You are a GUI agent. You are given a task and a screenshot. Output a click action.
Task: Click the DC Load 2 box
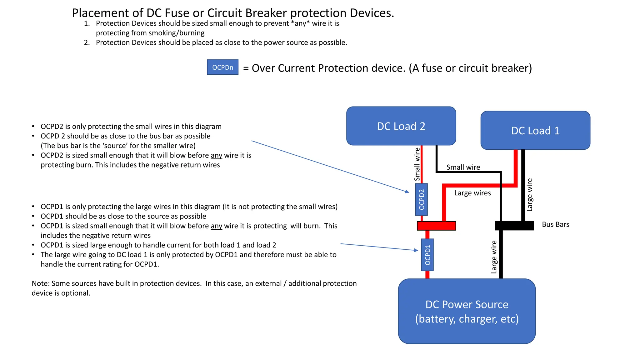coord(401,126)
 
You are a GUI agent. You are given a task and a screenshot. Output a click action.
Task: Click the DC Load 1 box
coord(535,130)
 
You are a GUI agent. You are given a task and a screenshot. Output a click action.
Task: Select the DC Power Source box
coord(467,311)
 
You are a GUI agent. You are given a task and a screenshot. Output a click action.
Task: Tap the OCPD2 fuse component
coord(421,199)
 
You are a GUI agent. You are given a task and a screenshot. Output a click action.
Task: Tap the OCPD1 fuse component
coord(427,255)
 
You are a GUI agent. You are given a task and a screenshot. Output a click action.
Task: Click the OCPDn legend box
coord(222,67)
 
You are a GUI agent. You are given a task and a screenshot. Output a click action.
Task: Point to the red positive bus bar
coord(436,226)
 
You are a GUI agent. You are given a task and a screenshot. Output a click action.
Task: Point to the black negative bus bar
coord(514,226)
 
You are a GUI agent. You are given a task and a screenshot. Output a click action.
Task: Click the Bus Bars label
coord(555,224)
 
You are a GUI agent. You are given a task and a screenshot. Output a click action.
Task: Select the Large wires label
coord(472,193)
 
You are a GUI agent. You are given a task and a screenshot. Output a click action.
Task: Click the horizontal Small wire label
coord(463,167)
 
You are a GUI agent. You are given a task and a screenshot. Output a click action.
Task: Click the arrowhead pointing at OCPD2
coord(407,192)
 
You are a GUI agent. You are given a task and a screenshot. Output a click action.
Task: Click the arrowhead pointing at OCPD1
coord(416,250)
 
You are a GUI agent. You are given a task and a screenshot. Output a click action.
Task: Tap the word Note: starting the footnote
coord(41,283)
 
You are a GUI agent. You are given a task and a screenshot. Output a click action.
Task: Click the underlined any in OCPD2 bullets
coord(216,155)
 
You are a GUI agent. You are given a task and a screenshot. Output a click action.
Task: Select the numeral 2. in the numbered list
coord(87,42)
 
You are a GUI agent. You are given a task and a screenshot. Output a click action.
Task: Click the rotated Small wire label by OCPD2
coord(417,164)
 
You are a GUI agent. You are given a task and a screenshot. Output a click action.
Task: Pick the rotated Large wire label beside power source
coord(494,257)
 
